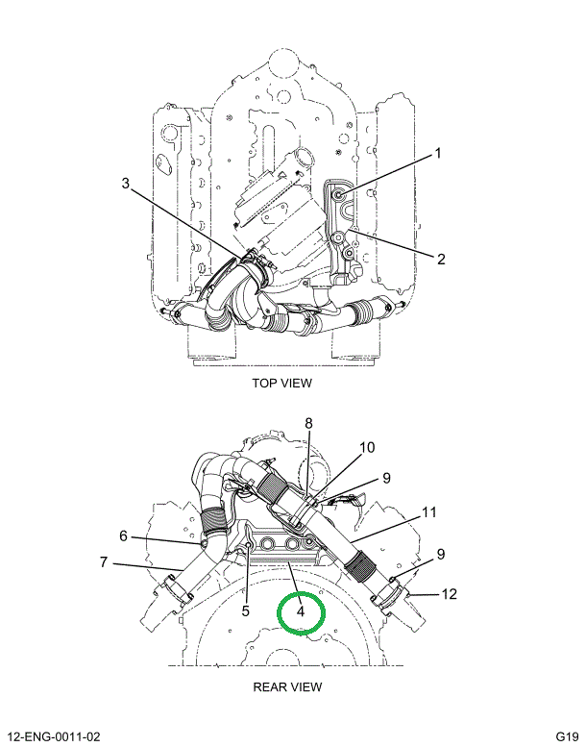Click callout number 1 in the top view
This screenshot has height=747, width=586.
tap(438, 154)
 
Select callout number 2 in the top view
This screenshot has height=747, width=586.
tap(441, 258)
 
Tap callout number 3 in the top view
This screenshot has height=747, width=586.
tap(125, 184)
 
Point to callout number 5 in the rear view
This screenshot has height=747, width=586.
tap(245, 610)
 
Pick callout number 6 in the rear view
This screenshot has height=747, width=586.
tap(123, 535)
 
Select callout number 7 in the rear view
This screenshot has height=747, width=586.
tap(103, 561)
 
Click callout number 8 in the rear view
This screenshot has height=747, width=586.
tap(308, 423)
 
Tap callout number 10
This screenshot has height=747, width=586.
tap(368, 447)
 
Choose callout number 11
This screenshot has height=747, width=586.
tap(429, 511)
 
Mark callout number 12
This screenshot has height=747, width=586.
tap(449, 594)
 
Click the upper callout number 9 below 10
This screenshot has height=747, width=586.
tap(385, 477)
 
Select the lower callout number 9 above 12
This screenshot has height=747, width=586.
tap(441, 554)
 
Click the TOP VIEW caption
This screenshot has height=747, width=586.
tap(281, 383)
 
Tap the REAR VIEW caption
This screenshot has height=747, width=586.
tap(287, 686)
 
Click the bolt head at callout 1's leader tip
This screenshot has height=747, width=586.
tap(341, 196)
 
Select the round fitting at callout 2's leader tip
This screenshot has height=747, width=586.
tap(338, 237)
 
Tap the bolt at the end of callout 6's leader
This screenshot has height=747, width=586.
tap(205, 544)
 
